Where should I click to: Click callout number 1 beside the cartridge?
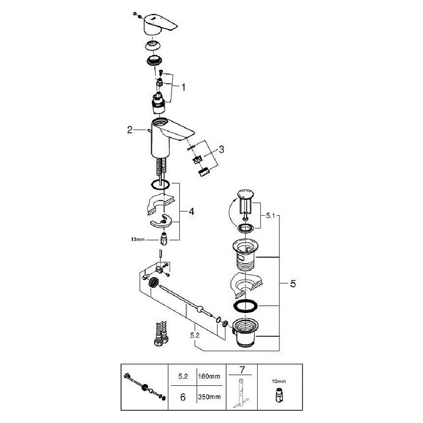[x=184, y=88]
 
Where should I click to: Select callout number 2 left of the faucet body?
[x=130, y=130]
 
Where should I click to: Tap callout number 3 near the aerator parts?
[x=221, y=149]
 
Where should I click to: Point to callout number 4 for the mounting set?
[x=191, y=211]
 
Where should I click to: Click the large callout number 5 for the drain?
[x=293, y=284]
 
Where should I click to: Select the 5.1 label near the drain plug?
[x=270, y=215]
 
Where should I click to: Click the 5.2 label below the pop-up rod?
[x=194, y=335]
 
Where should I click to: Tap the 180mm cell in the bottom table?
[x=209, y=376]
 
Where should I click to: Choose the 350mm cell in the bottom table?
[x=209, y=397]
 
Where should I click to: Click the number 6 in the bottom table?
[x=183, y=397]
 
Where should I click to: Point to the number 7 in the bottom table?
[x=242, y=370]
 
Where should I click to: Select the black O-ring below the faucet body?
[x=160, y=185]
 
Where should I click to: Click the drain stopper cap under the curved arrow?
[x=246, y=194]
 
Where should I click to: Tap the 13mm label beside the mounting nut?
[x=138, y=239]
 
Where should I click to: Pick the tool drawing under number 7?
[x=241, y=393]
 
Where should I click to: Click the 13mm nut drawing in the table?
[x=279, y=396]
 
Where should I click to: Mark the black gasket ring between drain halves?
[x=246, y=306]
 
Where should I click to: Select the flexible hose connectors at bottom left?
[x=161, y=334]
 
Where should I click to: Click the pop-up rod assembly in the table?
[x=145, y=387]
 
